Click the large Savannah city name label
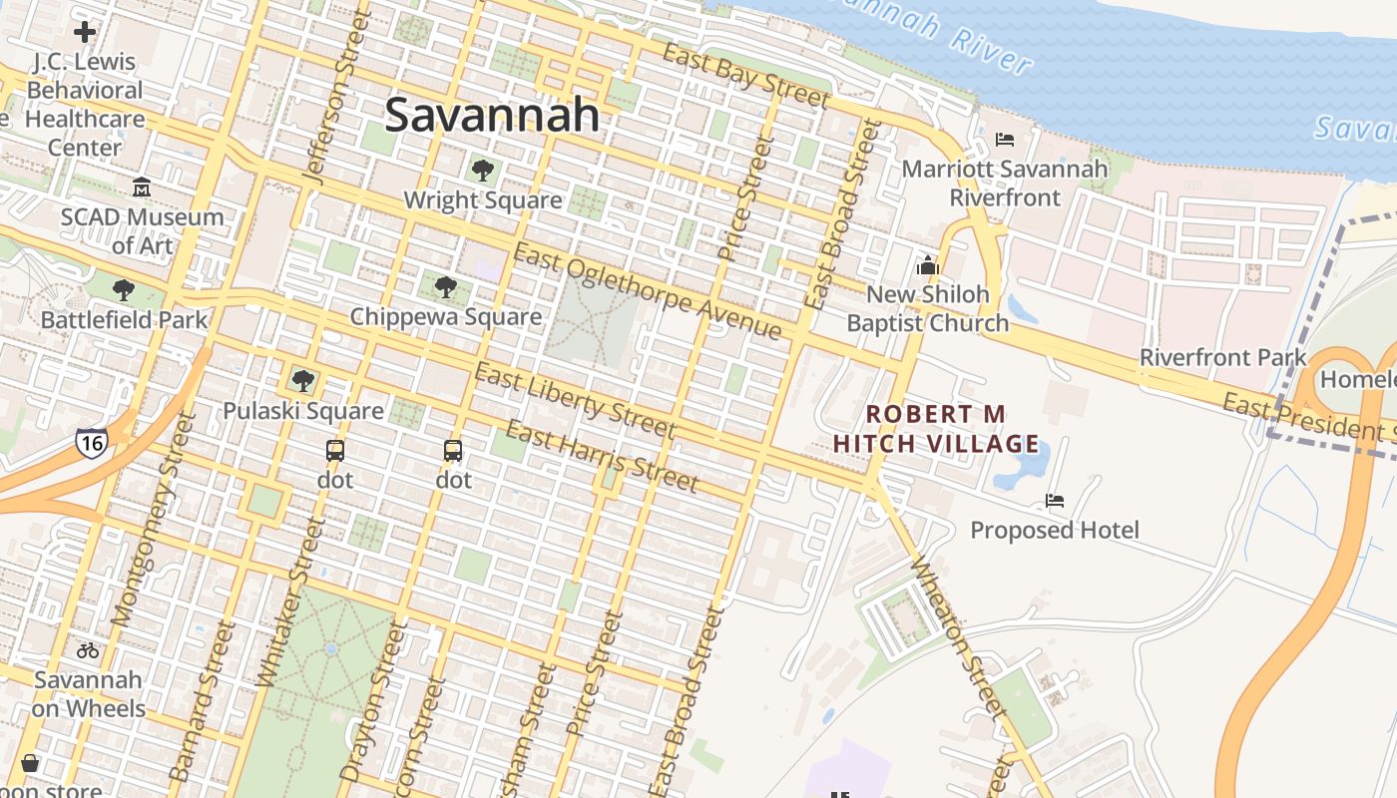pos(492,115)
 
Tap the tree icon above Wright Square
pos(483,171)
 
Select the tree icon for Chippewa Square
pos(446,287)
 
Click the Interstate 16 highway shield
pos(91,442)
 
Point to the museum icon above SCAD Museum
pos(141,188)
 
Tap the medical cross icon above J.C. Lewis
pos(85,32)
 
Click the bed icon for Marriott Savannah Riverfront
pos(1005,140)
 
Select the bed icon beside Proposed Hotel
pos(1055,500)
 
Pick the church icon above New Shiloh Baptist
pos(928,265)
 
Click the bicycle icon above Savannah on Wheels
pos(88,650)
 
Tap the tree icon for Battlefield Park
pos(124,290)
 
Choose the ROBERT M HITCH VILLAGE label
pos(936,428)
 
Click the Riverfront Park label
pos(1222,357)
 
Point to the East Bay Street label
pos(745,76)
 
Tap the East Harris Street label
pos(601,457)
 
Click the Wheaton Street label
pos(955,638)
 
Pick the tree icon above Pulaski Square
pos(303,381)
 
